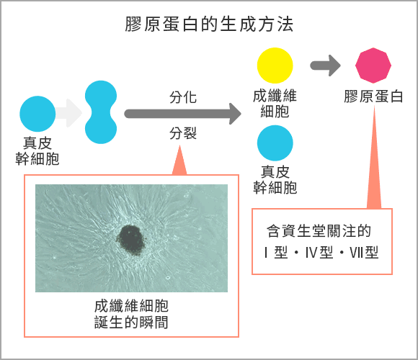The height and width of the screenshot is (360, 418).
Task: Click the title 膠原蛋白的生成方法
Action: [209, 24]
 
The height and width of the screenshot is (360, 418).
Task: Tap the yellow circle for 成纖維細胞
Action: [275, 66]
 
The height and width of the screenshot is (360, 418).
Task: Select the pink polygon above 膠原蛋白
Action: [373, 66]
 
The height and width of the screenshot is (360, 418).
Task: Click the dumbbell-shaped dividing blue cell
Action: [101, 112]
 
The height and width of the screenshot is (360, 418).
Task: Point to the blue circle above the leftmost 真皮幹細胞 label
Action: [37, 114]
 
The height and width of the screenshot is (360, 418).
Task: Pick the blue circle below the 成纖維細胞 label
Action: [275, 143]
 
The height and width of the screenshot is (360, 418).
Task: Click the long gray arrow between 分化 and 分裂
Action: [183, 114]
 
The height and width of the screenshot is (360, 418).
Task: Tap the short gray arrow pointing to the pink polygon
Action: [325, 66]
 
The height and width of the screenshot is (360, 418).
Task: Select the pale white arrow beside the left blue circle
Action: [68, 113]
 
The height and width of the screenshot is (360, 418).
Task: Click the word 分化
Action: [183, 97]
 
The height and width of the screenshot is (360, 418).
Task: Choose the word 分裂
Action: [183, 133]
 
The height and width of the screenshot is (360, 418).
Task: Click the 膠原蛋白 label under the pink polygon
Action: [373, 96]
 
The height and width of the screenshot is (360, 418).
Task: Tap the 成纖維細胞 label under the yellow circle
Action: [275, 104]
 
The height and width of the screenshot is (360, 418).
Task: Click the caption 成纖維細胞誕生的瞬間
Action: [131, 314]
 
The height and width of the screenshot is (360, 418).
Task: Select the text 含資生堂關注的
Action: [319, 230]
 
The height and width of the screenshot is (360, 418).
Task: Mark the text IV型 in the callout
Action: [319, 252]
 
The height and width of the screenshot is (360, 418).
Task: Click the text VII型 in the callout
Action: [364, 252]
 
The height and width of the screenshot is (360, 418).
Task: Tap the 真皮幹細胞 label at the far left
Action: [37, 151]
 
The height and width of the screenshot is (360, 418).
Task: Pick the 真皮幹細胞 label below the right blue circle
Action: [275, 180]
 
